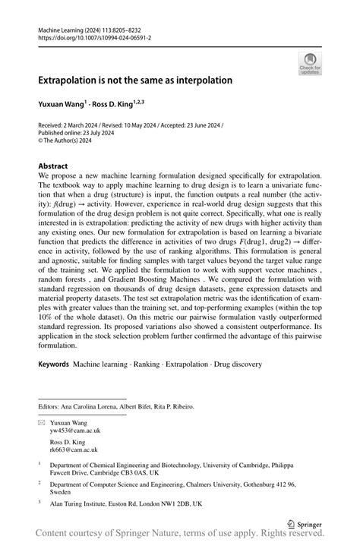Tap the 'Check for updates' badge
[x=310, y=65]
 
